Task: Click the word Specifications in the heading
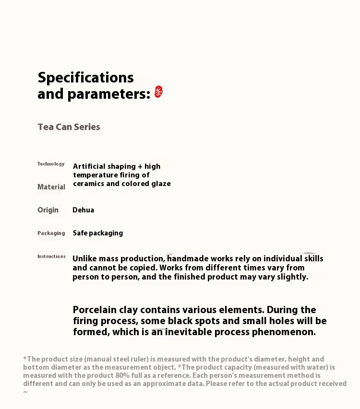(x=85, y=78)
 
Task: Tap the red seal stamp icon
(x=158, y=92)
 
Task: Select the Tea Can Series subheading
(x=69, y=127)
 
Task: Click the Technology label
(x=51, y=164)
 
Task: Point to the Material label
(x=51, y=187)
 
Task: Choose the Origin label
(x=48, y=210)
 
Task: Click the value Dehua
(x=83, y=210)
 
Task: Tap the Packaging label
(x=51, y=233)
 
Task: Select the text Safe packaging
(x=97, y=233)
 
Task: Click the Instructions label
(x=51, y=257)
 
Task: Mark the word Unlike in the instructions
(x=84, y=259)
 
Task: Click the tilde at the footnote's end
(x=25, y=392)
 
